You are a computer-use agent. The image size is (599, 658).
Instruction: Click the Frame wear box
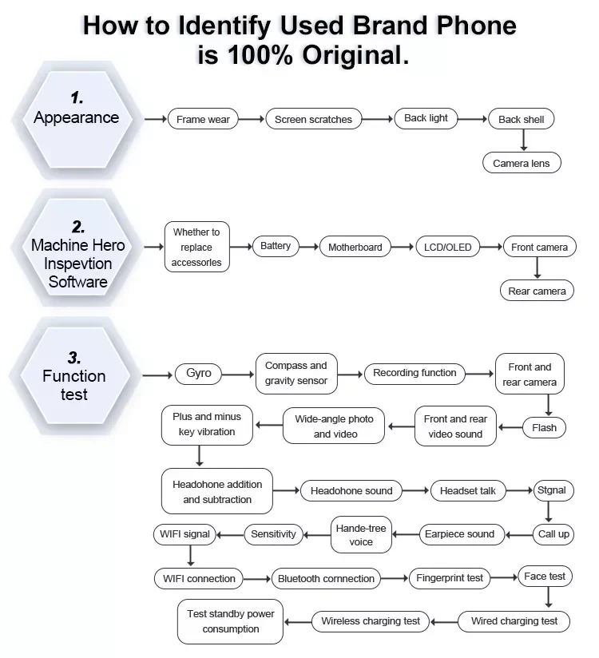point(203,119)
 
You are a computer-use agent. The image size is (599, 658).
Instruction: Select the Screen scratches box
point(313,119)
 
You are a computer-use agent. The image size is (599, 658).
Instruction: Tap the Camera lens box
point(521,163)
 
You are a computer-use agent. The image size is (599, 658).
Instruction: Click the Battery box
point(276,246)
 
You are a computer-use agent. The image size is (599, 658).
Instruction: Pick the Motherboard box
point(355,247)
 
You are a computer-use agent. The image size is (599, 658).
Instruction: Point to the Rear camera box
point(537,291)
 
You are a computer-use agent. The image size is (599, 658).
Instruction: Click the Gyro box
point(199,373)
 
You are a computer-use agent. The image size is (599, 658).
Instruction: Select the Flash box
point(544,427)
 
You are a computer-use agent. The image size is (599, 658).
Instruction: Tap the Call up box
point(553,533)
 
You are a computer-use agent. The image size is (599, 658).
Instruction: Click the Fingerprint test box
point(450,578)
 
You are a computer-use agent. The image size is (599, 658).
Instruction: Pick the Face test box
point(545,576)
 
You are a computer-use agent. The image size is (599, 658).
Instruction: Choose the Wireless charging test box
point(371,620)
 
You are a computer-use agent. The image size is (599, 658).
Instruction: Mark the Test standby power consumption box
point(230,621)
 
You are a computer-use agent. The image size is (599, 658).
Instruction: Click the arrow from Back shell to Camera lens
point(524,140)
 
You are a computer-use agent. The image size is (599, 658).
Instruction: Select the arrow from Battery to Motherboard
point(309,247)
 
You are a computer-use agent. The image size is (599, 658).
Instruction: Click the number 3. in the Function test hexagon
point(74,356)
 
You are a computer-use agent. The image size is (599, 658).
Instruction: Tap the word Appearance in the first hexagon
point(76,117)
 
